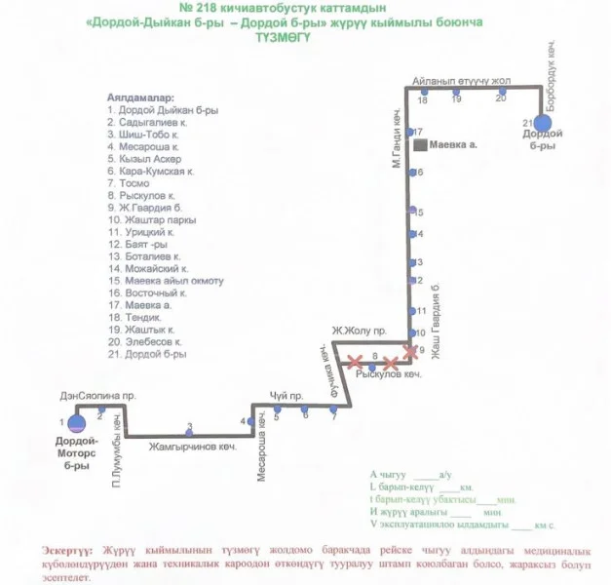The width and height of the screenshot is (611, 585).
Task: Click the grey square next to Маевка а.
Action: tap(419, 145)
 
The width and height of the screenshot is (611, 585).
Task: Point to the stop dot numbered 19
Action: tap(456, 91)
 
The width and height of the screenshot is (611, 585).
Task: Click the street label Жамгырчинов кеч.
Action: tap(194, 447)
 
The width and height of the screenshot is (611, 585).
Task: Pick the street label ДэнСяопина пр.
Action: tap(96, 397)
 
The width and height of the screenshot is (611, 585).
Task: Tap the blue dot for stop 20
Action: tap(501, 91)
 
